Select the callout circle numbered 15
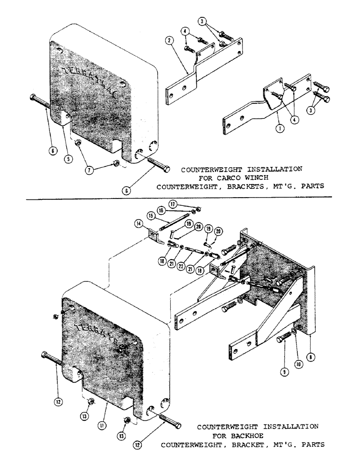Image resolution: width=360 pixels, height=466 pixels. point(151,216)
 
